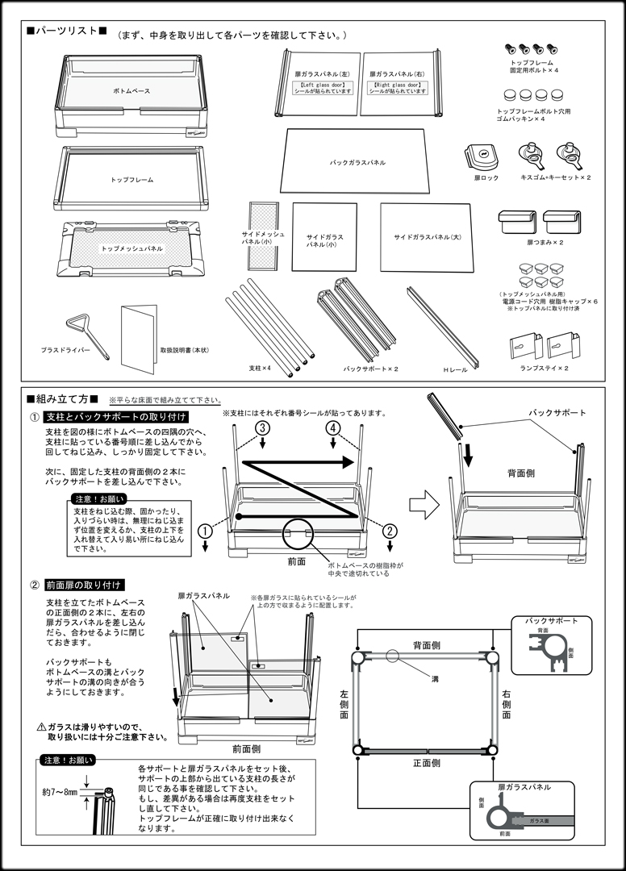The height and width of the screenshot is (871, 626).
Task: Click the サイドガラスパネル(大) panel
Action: tap(426, 237)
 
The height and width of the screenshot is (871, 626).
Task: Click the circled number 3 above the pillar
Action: tap(262, 427)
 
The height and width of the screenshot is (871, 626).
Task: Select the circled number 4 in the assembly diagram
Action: tap(331, 427)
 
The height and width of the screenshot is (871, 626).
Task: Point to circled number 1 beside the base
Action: tap(205, 531)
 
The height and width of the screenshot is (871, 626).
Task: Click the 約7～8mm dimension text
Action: tap(61, 793)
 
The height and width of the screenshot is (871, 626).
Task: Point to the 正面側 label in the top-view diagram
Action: tap(427, 762)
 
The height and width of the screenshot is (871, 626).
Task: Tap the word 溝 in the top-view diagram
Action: tap(435, 680)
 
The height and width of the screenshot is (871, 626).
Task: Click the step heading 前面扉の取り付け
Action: tap(84, 584)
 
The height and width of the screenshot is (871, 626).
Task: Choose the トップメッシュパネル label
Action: tap(131, 249)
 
